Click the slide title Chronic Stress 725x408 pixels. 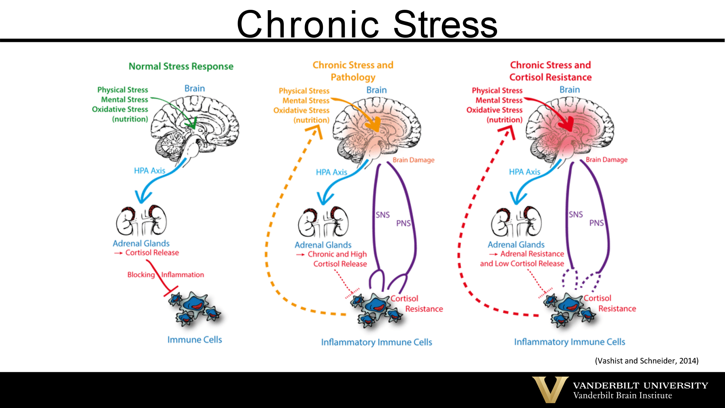(367, 24)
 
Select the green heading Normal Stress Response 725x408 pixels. (181, 66)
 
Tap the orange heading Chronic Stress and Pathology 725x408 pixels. (353, 71)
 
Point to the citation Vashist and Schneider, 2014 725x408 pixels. (646, 361)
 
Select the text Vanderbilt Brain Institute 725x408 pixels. (622, 396)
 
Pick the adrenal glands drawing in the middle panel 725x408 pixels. (323, 223)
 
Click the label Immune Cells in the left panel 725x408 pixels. (194, 340)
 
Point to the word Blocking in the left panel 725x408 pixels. (141, 275)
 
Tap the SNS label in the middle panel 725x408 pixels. (382, 215)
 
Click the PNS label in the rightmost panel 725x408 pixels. (596, 223)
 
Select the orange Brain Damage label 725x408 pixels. (413, 160)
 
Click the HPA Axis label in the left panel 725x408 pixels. (149, 171)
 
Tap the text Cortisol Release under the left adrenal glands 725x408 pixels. (152, 252)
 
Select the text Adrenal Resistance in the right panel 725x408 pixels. (532, 254)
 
